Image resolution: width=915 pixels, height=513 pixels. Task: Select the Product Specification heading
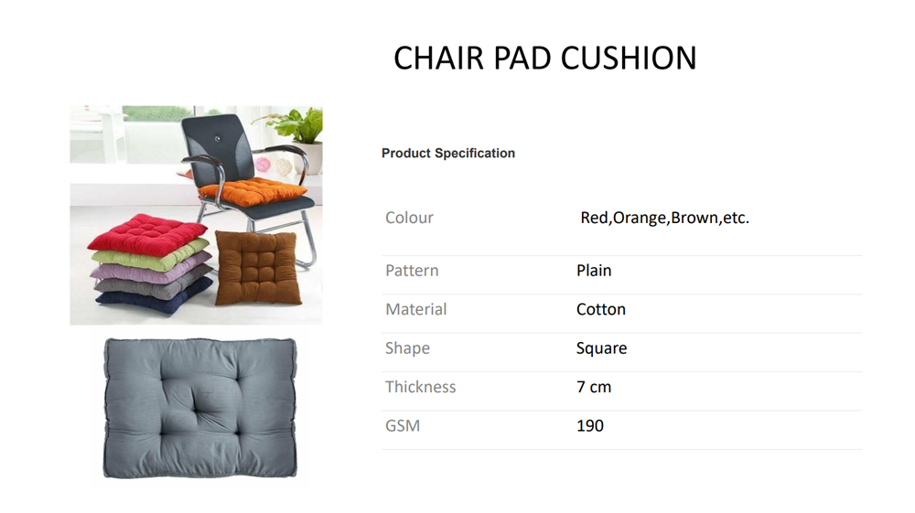click(448, 154)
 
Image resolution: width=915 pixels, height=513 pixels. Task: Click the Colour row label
click(409, 218)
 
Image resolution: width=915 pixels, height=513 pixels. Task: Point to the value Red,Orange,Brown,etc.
click(664, 218)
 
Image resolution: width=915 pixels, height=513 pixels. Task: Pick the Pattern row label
click(412, 271)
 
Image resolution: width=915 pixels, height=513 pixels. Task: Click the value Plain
click(594, 271)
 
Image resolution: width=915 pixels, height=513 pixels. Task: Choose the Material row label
click(416, 309)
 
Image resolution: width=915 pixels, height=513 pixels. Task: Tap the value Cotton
click(601, 309)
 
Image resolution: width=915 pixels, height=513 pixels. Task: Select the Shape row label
click(407, 348)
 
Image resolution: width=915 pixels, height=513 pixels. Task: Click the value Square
click(602, 348)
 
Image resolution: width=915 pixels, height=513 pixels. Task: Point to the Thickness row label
click(421, 387)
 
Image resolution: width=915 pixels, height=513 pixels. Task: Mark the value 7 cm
click(594, 387)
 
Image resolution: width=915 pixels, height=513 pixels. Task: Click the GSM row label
click(403, 425)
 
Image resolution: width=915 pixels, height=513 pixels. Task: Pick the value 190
click(590, 425)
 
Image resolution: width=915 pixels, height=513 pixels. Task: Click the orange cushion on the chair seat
click(253, 191)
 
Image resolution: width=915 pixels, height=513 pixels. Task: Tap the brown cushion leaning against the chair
click(257, 267)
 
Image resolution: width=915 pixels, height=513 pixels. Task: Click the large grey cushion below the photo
click(200, 408)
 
